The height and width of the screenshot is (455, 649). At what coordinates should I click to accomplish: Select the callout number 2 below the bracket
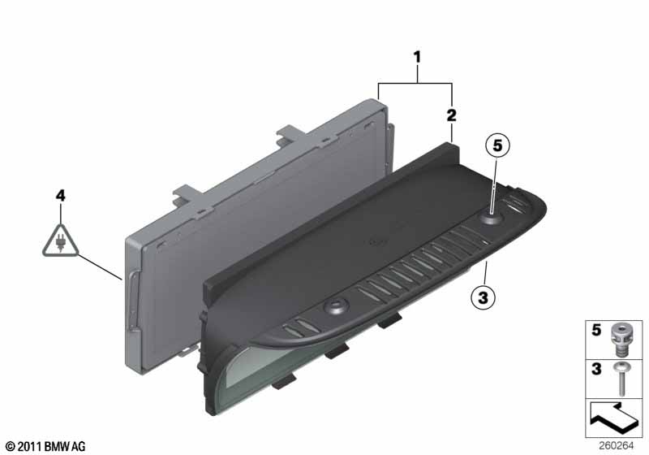pyautogui.click(x=451, y=115)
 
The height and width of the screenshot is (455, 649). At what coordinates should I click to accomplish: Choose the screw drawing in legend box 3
pyautogui.click(x=623, y=376)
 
